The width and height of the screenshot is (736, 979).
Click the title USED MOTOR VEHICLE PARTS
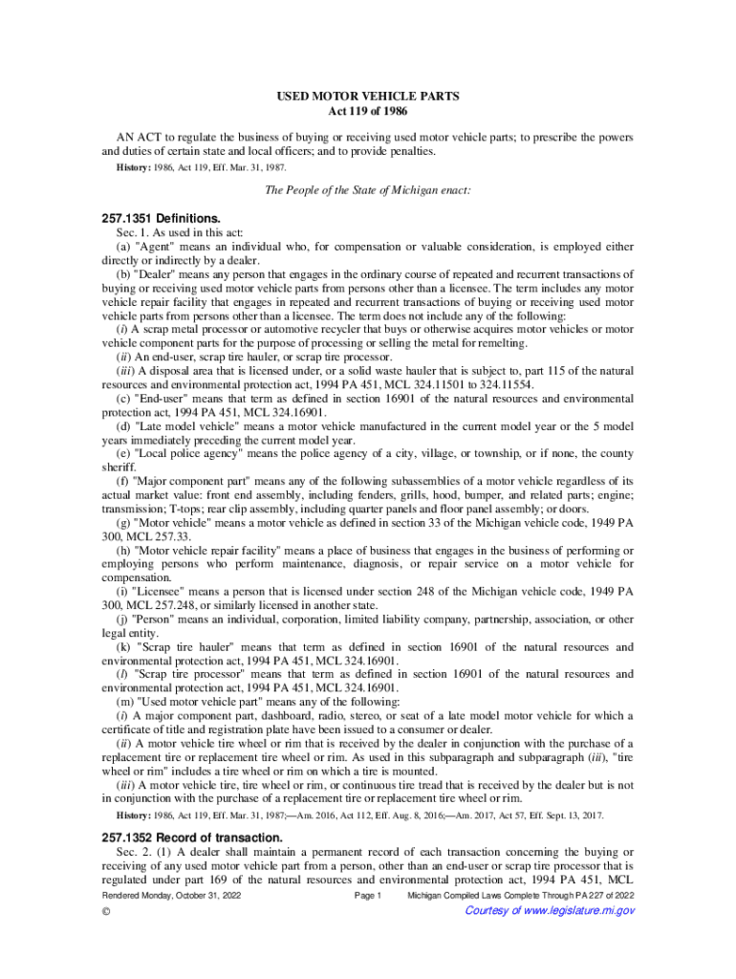click(368, 97)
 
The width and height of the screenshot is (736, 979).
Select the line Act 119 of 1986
click(368, 112)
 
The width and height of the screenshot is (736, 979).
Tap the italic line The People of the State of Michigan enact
click(368, 190)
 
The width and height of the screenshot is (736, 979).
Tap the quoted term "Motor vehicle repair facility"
click(214, 550)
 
